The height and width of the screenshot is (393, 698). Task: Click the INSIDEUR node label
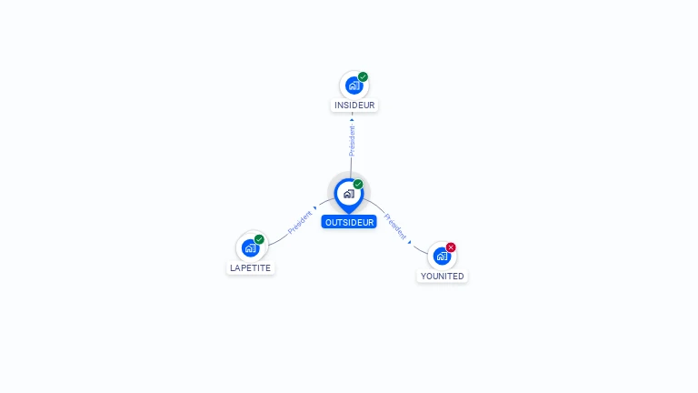tap(354, 105)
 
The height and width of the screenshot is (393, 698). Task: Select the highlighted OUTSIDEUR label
tap(349, 222)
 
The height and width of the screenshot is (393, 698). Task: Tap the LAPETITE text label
tap(250, 268)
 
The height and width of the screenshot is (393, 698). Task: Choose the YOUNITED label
tap(442, 276)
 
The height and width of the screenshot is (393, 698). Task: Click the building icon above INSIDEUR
tap(354, 86)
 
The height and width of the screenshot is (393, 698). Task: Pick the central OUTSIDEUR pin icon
tap(348, 194)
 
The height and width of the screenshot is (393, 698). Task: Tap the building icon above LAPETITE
tap(250, 247)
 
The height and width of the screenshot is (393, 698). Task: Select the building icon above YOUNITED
tap(442, 256)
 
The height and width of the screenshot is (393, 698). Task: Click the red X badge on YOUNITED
tap(451, 247)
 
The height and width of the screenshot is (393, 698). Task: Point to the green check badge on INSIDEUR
tap(363, 77)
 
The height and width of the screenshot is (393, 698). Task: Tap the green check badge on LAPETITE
tap(259, 239)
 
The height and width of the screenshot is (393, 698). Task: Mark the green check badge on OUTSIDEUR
tap(358, 185)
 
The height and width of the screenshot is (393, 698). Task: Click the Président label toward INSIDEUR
tap(352, 141)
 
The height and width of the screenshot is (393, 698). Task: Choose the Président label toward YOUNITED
tap(395, 227)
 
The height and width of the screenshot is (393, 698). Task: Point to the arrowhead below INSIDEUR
tap(352, 119)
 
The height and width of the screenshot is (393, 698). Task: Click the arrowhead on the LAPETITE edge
tap(315, 210)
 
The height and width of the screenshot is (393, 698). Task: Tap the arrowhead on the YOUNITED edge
tap(410, 242)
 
